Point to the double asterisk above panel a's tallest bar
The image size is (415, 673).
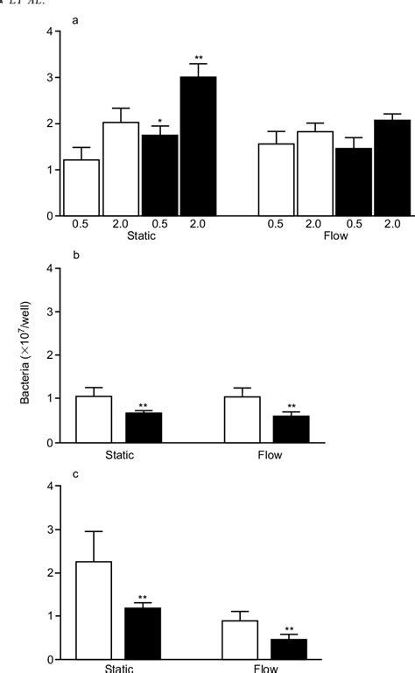(x=198, y=58)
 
